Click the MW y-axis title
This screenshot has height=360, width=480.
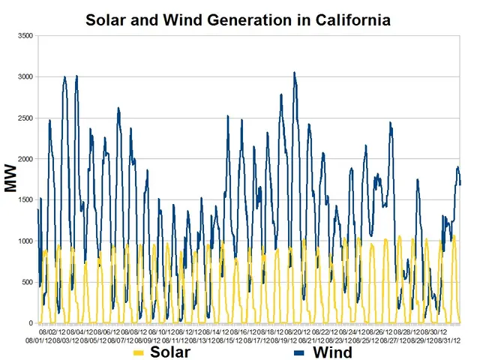(10, 180)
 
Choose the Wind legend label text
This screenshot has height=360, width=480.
(330, 352)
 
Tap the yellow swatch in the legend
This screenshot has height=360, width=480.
(139, 352)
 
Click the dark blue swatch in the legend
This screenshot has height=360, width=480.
(299, 352)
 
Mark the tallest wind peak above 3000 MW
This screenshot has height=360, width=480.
(294, 73)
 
